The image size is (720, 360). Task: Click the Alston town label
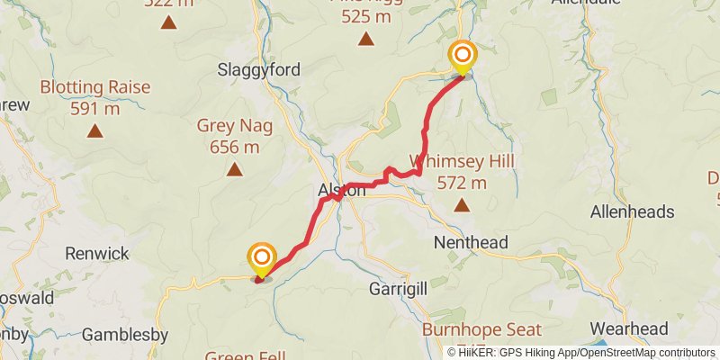tap(342, 191)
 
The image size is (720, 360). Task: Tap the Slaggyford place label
tap(258, 69)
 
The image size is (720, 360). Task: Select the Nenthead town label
tap(471, 242)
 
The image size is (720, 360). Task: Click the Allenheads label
tap(632, 212)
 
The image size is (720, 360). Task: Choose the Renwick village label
tap(98, 254)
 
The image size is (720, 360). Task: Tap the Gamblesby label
tap(125, 335)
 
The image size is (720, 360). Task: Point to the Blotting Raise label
tap(94, 88)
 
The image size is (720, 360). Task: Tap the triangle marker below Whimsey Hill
tap(463, 205)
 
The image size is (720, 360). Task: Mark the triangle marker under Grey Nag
tap(235, 168)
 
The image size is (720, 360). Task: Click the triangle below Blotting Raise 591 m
tap(94, 131)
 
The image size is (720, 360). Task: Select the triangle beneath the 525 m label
tap(366, 38)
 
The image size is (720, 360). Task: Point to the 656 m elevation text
tap(234, 147)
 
